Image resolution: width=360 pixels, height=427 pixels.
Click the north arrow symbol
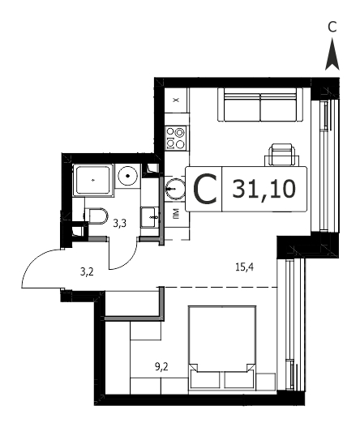pyautogui.click(x=332, y=54)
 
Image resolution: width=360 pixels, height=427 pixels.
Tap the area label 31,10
pyautogui.click(x=264, y=190)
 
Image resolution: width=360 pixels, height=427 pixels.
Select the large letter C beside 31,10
pyautogui.click(x=205, y=190)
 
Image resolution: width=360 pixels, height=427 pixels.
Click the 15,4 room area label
pyautogui.click(x=244, y=267)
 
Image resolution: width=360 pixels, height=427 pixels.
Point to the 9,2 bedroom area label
pyautogui.click(x=161, y=367)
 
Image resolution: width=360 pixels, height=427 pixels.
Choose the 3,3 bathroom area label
pyautogui.click(x=120, y=224)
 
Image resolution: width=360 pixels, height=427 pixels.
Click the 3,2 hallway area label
pyautogui.click(x=87, y=271)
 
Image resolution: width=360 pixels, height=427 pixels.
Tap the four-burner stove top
pyautogui.click(x=176, y=139)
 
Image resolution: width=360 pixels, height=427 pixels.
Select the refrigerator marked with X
pyautogui.click(x=177, y=100)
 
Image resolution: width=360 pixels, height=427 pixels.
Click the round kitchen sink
pyautogui.click(x=175, y=188)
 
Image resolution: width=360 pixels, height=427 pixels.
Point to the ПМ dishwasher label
pyautogui.click(x=176, y=214)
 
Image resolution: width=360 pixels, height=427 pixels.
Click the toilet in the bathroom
pyautogui.click(x=96, y=216)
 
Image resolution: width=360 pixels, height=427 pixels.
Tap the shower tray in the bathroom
pyautogui.click(x=93, y=180)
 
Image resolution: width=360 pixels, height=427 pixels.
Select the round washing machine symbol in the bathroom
pyautogui.click(x=127, y=176)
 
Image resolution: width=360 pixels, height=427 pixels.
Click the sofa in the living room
pyautogui.click(x=260, y=105)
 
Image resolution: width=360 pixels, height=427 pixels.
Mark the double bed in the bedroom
pyautogui.click(x=222, y=348)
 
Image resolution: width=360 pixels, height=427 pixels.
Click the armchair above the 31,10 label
pyautogui.click(x=281, y=155)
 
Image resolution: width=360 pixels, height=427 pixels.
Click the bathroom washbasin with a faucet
pyautogui.click(x=149, y=217)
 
